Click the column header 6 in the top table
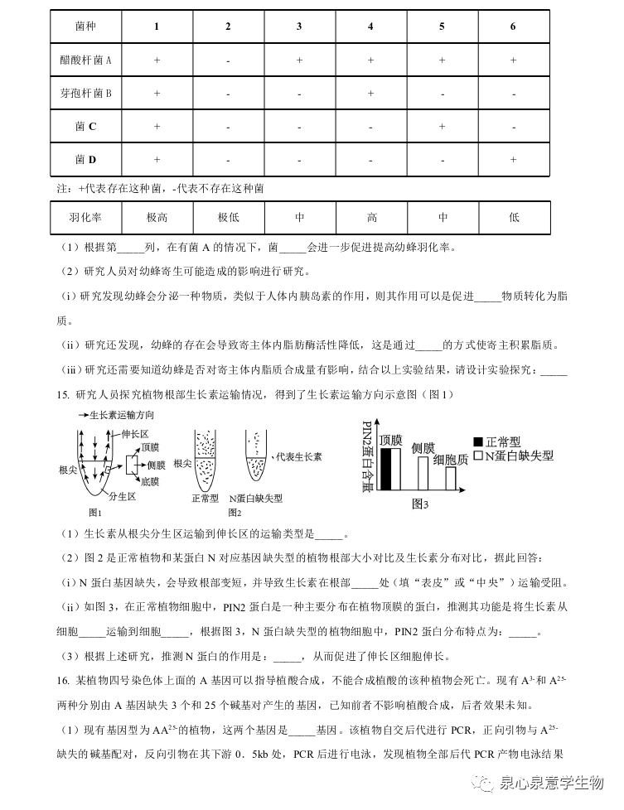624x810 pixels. [513, 27]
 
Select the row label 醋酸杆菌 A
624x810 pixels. [85, 60]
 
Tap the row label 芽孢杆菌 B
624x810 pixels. [85, 93]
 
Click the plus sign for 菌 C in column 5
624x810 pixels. [442, 126]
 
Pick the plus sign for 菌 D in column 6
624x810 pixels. [513, 159]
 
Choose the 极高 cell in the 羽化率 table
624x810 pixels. [157, 218]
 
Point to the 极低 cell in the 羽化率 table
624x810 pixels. [228, 218]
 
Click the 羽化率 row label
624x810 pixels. [85, 218]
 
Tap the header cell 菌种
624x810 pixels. [85, 27]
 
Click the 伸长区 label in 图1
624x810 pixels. [134, 433]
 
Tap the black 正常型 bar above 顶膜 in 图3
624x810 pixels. [385, 470]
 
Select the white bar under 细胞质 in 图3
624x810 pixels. [450, 478]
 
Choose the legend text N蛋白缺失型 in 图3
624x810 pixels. [519, 456]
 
